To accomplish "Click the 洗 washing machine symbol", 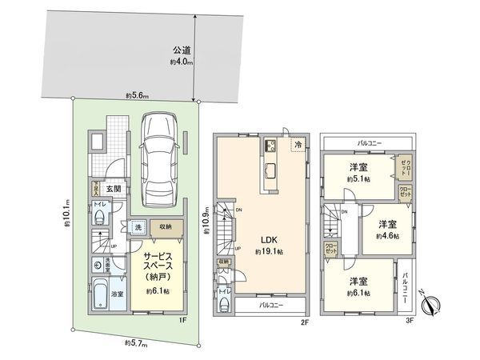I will click(137, 227).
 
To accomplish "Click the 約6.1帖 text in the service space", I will click(157, 291).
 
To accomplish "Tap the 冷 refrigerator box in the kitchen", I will click(297, 146).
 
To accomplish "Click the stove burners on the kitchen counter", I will click(270, 145).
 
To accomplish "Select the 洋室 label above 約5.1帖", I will click(358, 167).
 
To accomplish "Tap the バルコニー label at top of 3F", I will click(367, 142).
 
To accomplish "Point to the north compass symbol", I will click(433, 306).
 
